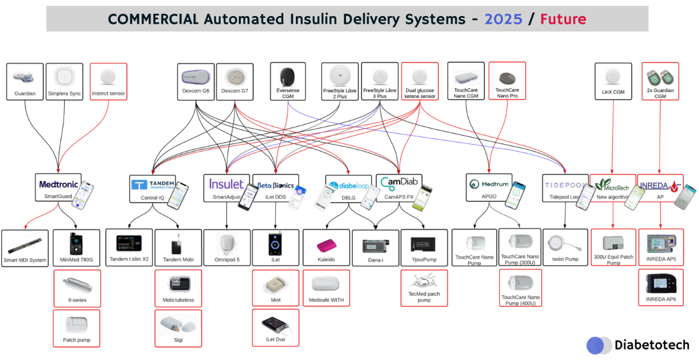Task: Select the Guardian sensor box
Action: pos(25,82)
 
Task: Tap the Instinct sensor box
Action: pos(108,82)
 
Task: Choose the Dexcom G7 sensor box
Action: pos(235,82)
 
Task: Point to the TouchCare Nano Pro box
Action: pos(507,82)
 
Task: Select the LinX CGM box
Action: pos(614,82)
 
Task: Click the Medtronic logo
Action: pos(58,184)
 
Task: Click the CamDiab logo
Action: pos(399,183)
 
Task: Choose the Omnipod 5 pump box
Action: pos(227,247)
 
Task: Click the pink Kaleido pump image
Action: pos(326,244)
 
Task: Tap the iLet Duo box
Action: pos(275,327)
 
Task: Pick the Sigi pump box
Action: pos(178,327)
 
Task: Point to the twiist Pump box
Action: pos(564,247)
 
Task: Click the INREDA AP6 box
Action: pos(660,287)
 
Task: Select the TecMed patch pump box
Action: pos(424,288)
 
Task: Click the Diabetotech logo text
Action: pos(652,345)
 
